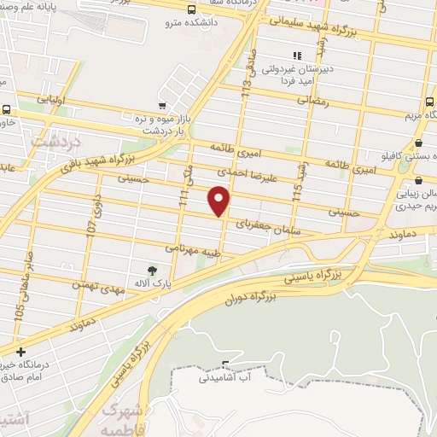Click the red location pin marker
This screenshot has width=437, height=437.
coord(220,201)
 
